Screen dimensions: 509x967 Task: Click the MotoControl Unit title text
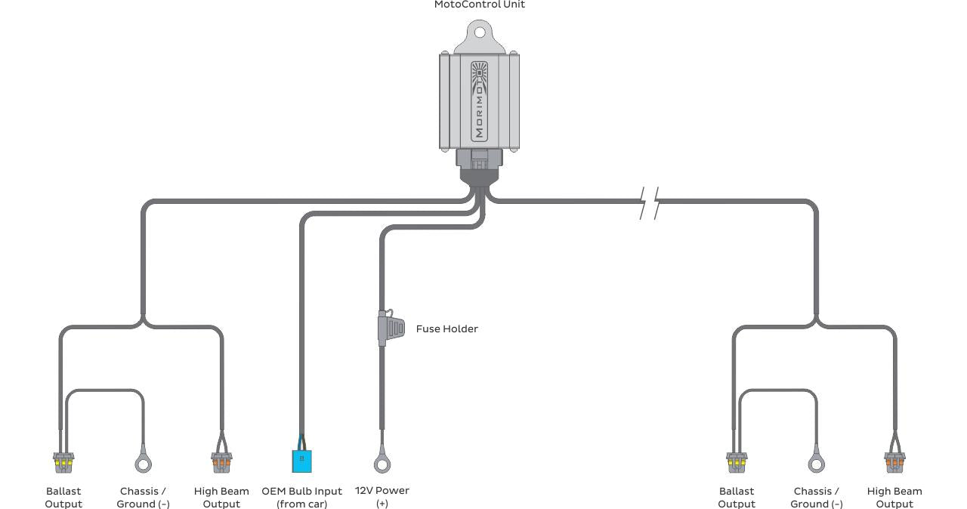[480, 5]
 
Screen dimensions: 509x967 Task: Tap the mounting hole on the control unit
[480, 32]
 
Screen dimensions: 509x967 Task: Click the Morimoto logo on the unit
[480, 100]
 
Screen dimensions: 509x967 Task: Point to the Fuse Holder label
[446, 329]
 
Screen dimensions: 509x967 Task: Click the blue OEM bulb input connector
[301, 459]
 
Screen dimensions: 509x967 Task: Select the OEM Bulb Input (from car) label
[301, 497]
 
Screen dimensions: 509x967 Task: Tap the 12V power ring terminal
[382, 462]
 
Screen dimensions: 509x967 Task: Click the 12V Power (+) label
[382, 496]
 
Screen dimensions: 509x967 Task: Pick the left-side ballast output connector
[63, 460]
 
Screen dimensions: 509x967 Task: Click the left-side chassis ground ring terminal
[143, 462]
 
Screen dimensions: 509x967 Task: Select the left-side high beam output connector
[221, 460]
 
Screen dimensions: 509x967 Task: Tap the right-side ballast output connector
[737, 460]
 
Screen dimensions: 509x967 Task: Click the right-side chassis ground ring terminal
[816, 462]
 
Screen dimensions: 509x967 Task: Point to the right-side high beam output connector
[894, 460]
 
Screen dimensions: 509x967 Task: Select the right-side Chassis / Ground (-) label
[816, 497]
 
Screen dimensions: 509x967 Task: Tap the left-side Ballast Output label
[63, 497]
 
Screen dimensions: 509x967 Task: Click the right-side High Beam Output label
[894, 497]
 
